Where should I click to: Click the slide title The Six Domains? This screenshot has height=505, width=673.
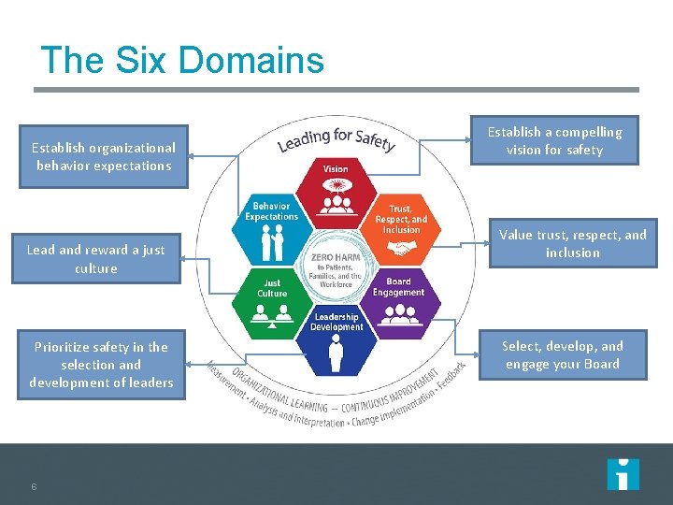pos(182,61)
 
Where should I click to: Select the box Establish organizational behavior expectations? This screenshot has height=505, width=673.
pos(104,156)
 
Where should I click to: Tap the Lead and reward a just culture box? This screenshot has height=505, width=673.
pos(96,259)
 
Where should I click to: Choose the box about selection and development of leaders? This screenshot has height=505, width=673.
pos(101,364)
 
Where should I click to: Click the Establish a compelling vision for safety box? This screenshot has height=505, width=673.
pos(554,140)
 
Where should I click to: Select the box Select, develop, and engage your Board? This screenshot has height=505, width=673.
pos(562,355)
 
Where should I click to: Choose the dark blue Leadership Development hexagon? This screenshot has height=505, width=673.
pos(336,342)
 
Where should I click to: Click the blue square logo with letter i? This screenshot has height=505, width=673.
pos(623,474)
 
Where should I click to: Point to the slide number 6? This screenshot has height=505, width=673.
pos(34,486)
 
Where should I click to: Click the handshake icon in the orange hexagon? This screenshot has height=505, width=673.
pos(402,250)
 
